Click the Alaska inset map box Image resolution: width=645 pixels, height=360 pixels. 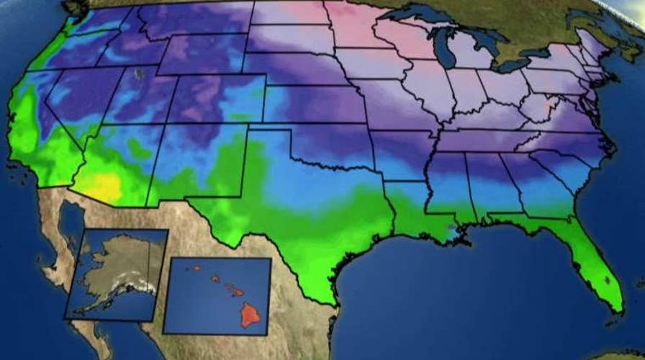click(x=115, y=274)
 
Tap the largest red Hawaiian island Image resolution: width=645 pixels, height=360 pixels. click(x=250, y=314)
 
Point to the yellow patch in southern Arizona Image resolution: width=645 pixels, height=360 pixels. click(x=105, y=186)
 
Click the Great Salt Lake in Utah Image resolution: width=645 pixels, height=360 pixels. click(x=140, y=73)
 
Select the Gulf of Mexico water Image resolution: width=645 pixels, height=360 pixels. click(x=461, y=281)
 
